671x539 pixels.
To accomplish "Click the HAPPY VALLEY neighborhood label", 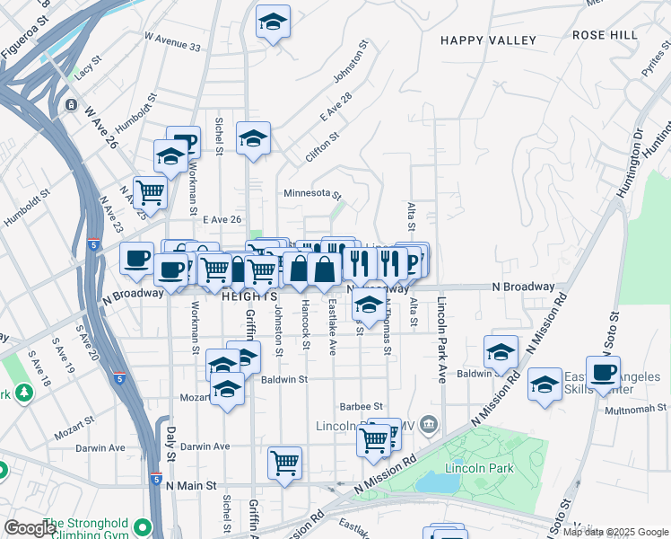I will [488, 40].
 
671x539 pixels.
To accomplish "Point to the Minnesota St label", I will [313, 193].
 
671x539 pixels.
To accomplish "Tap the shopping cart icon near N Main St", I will [285, 464].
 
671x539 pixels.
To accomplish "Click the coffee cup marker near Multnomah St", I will [604, 372].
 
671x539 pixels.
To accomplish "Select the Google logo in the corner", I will [30, 528].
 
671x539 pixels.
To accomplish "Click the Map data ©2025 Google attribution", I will [615, 532].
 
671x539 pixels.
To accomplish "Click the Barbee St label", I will [362, 407].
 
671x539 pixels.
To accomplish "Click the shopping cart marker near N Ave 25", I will [150, 190].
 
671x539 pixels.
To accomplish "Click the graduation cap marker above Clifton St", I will [254, 138].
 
